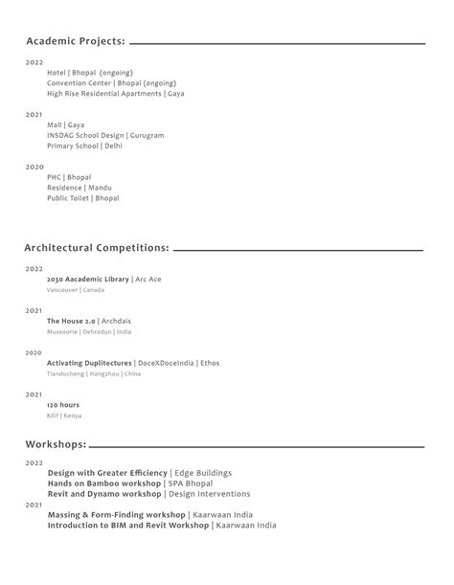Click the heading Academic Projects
pyautogui.click(x=76, y=42)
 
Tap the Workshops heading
pyautogui.click(x=56, y=444)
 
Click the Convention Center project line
pyautogui.click(x=110, y=83)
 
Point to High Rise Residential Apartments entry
pyautogui.click(x=115, y=94)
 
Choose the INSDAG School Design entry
pyautogui.click(x=105, y=136)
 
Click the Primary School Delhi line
pyautogui.click(x=84, y=146)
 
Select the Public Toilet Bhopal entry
pyautogui.click(x=82, y=198)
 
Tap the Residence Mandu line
pyautogui.click(x=78, y=188)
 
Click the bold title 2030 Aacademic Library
pyautogui.click(x=87, y=279)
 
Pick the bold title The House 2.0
pyautogui.click(x=71, y=321)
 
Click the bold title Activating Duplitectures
pyautogui.click(x=89, y=363)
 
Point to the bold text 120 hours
pyautogui.click(x=63, y=405)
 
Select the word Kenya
pyautogui.click(x=73, y=416)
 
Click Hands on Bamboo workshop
pyautogui.click(x=104, y=484)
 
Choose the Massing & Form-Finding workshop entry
pyautogui.click(x=117, y=514)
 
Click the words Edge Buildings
pyautogui.click(x=203, y=473)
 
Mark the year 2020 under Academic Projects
pyautogui.click(x=34, y=167)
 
